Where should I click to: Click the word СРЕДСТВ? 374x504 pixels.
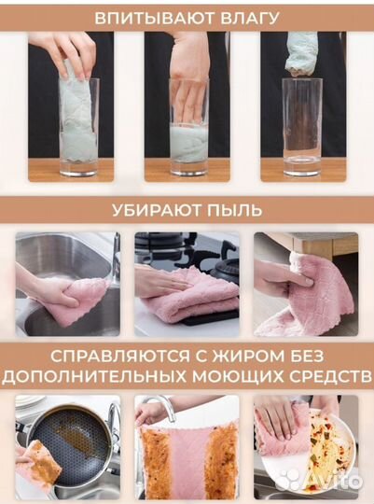[x=320, y=375]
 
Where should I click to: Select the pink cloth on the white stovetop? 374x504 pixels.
[x=191, y=297]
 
